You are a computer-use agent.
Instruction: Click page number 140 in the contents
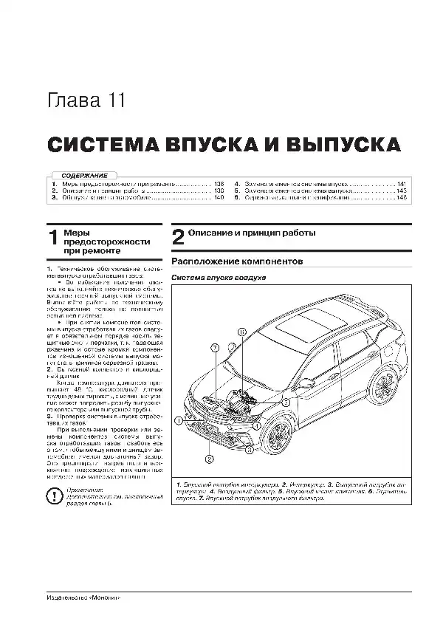click(218, 198)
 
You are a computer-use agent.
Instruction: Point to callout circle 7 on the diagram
click(214, 347)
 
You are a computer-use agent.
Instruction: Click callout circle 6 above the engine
click(241, 333)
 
